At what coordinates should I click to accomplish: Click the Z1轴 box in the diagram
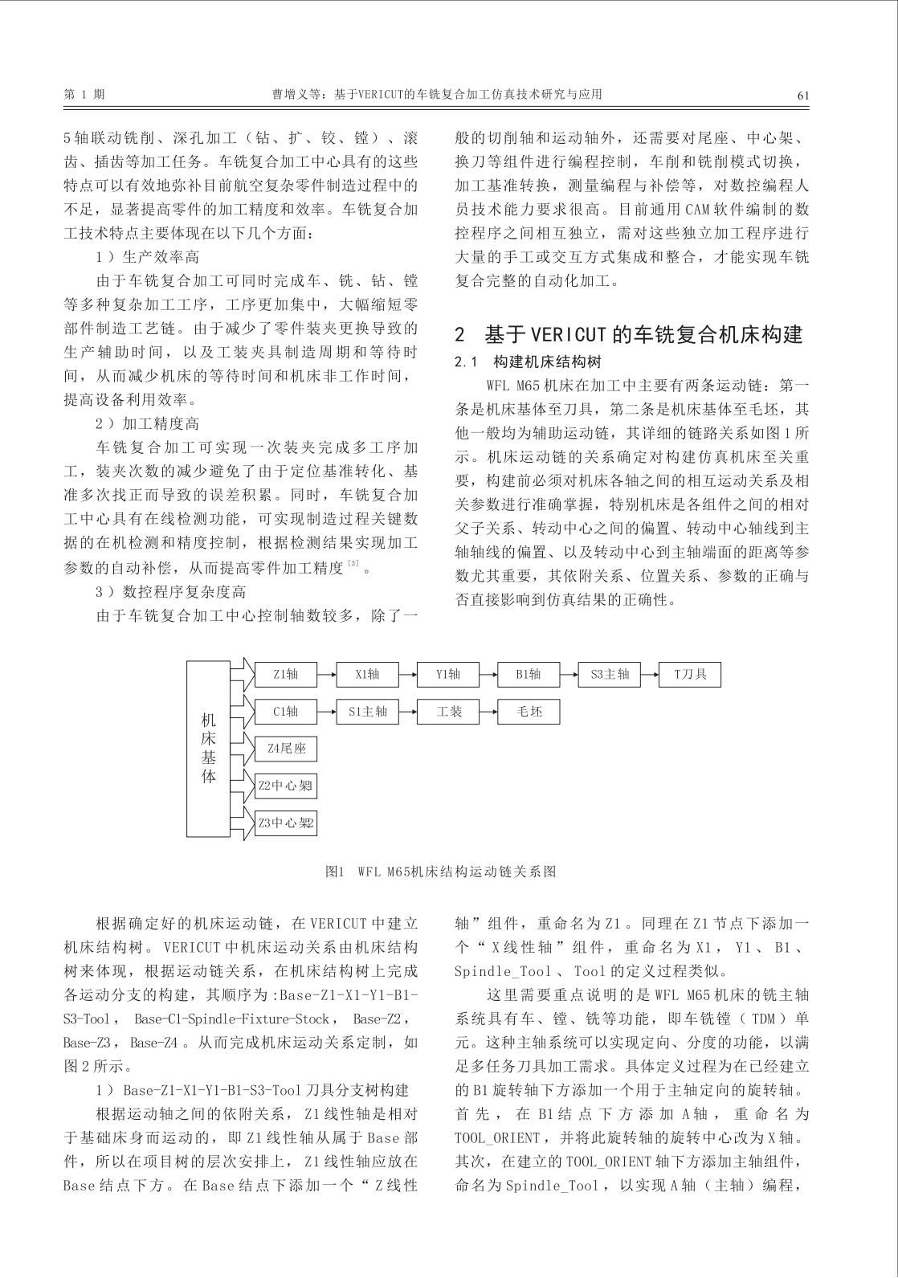pos(286,675)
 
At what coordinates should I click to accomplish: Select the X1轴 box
pos(367,675)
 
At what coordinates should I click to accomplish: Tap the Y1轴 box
pos(448,675)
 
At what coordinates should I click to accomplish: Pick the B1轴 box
pos(529,675)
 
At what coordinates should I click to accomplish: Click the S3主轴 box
pos(610,675)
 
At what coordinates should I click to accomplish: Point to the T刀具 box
pos(690,675)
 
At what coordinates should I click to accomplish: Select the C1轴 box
pos(286,712)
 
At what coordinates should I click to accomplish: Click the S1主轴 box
pos(367,712)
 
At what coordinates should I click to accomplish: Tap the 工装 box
pos(448,712)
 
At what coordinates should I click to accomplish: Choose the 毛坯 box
pos(529,712)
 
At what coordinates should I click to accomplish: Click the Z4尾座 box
pos(286,749)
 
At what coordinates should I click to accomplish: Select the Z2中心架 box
pos(286,786)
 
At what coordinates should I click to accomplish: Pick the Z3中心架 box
pos(286,823)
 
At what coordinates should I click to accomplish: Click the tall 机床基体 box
pos(208,749)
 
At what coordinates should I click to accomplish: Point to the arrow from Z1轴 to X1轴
pos(326,675)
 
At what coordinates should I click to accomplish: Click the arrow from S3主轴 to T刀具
pos(649,675)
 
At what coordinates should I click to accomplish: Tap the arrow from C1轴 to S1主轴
pos(326,712)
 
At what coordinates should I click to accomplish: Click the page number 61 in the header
pos(802,95)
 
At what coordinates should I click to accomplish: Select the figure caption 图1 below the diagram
pos(335,872)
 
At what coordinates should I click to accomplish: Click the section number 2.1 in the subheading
pos(467,362)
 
